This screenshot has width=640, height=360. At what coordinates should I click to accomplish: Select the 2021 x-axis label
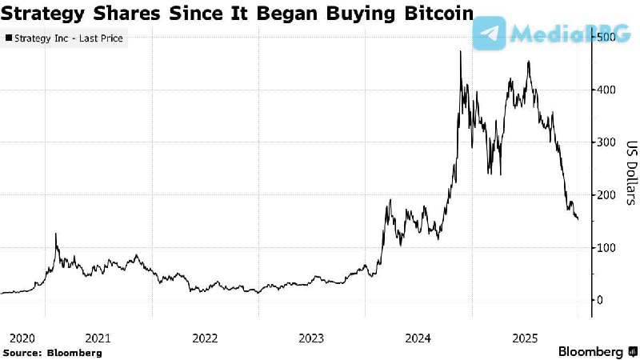[x=98, y=338]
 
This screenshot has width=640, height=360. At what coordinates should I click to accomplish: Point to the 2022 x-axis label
[x=205, y=338]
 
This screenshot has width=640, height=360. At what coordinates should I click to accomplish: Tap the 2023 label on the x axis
[x=312, y=338]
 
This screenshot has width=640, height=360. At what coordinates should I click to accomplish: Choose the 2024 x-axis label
[x=419, y=338]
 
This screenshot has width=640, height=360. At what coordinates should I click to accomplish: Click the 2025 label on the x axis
[x=526, y=338]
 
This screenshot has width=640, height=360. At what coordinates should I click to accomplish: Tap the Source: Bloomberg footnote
[x=53, y=352]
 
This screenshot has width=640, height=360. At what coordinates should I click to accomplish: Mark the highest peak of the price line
[x=460, y=51]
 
